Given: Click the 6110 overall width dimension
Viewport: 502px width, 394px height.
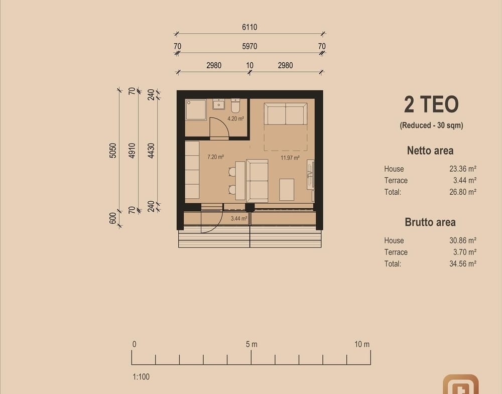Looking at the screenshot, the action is [x=249, y=27].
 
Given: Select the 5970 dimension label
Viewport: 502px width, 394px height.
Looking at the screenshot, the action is [x=249, y=46].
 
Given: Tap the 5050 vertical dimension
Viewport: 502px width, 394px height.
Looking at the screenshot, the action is [x=112, y=151].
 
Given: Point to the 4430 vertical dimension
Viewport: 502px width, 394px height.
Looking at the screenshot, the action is [x=151, y=151].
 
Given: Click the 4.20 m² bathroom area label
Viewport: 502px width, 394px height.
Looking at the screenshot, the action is [x=235, y=118].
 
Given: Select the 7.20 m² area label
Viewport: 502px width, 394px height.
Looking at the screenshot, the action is [x=215, y=157].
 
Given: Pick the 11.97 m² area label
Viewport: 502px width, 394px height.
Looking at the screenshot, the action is [x=290, y=158].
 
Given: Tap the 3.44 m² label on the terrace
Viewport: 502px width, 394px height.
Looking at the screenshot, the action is [x=239, y=219].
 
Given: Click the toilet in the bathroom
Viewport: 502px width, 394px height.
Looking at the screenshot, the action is [x=235, y=106].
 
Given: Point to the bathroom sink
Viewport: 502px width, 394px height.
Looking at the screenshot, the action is [x=219, y=104].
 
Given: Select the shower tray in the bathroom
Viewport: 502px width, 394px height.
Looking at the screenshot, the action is [x=196, y=110].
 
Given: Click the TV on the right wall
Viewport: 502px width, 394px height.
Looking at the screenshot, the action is [x=310, y=174].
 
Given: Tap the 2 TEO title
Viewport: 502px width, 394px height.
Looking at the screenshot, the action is [x=431, y=104].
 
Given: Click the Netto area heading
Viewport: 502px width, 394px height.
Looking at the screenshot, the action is [x=430, y=151].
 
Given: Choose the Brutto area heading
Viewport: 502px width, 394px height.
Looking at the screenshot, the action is [x=430, y=222].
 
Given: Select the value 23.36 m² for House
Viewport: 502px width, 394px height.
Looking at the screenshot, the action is [x=463, y=169].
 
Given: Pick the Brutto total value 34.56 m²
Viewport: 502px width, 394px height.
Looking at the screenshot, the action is [x=463, y=264].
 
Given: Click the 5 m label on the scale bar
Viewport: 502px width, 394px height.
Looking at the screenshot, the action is [x=252, y=344].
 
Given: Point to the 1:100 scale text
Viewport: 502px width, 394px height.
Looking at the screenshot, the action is [x=141, y=377].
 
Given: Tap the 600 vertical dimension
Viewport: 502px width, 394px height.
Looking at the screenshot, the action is [x=112, y=218].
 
